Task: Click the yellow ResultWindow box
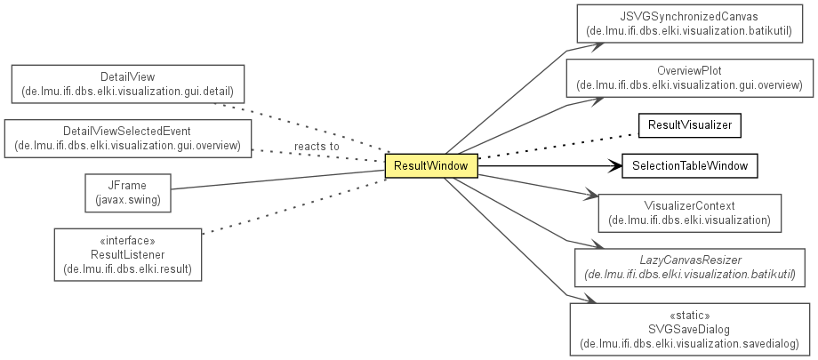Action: (x=431, y=166)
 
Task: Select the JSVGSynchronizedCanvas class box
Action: (x=690, y=24)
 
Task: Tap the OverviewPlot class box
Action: (x=690, y=78)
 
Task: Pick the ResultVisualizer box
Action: (x=690, y=125)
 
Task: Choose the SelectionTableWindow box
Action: (x=690, y=166)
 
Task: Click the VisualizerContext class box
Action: (x=690, y=213)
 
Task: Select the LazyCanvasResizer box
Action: (x=690, y=268)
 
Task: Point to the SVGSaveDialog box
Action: (x=690, y=330)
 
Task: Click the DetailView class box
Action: (x=128, y=84)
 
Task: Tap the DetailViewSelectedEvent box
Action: (x=128, y=139)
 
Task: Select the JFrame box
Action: (x=128, y=193)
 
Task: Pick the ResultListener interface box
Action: (x=128, y=254)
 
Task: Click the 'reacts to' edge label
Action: (x=317, y=147)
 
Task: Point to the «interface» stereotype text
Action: (x=127, y=241)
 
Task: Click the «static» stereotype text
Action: (x=690, y=316)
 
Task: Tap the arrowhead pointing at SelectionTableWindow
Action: (x=616, y=166)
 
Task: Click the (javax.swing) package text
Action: (x=128, y=199)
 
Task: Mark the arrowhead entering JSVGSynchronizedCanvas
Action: (x=597, y=45)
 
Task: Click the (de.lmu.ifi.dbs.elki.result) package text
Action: (x=128, y=269)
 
